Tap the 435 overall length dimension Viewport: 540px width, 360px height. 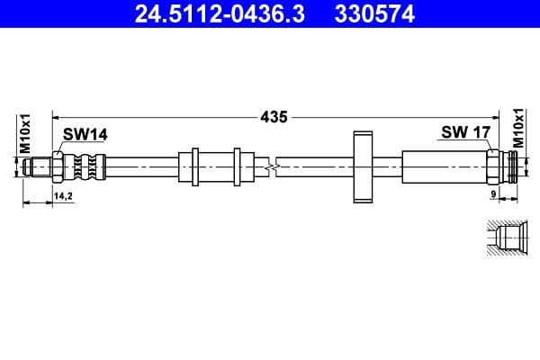point(274,116)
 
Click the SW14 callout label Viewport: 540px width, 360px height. point(85,134)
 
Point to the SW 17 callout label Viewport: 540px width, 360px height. point(465,133)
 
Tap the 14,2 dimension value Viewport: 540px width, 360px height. point(63,194)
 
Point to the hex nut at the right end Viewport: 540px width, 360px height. point(494,166)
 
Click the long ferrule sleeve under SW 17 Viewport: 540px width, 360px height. point(445,166)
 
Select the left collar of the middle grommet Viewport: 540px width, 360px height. point(190,166)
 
